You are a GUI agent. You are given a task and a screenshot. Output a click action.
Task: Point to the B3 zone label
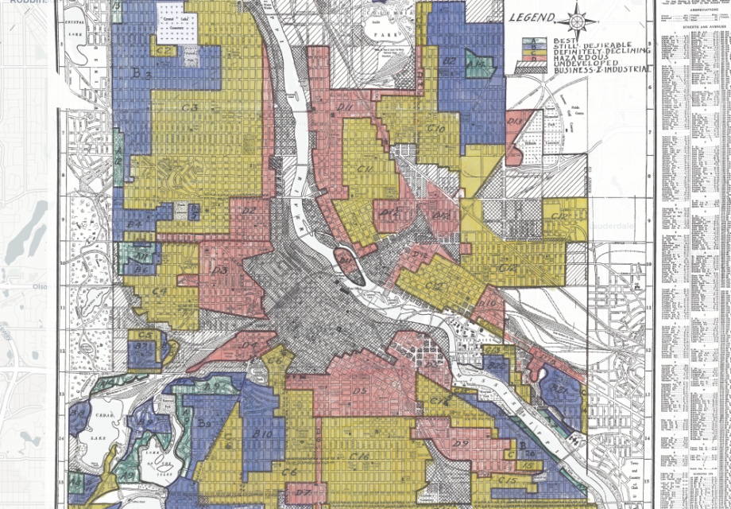click(x=141, y=74)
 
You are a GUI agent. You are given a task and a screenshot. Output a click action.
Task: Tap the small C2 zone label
click(x=165, y=50)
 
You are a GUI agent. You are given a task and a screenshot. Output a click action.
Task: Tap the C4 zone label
click(x=159, y=293)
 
